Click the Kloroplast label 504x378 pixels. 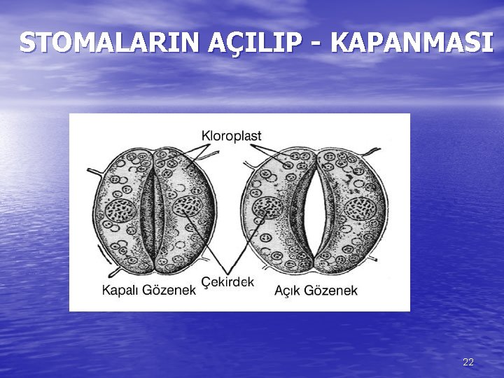231,136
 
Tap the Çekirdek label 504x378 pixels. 227,281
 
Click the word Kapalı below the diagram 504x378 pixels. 122,290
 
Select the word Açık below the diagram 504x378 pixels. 287,290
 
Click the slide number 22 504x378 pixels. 468,362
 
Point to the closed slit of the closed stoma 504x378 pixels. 153,210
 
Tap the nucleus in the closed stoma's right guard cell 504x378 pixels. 187,207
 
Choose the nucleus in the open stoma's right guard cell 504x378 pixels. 361,208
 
